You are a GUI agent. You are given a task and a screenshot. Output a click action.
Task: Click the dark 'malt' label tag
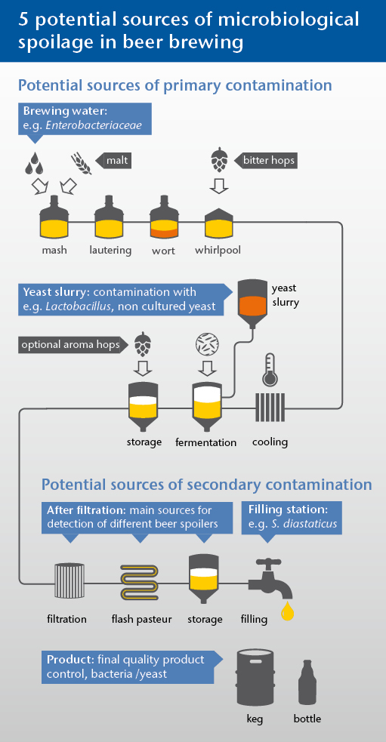pos(113,161)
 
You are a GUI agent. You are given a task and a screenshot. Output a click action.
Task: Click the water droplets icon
pos(34,163)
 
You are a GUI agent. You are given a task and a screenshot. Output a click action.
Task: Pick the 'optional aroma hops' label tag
pos(73,344)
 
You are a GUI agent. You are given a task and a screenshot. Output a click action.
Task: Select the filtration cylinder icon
pos(69,582)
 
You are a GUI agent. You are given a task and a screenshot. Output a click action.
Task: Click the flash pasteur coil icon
pos(141,582)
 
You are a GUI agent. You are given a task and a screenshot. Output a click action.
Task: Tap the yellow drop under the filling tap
pos(287,611)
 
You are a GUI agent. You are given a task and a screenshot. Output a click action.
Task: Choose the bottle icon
pos(307,683)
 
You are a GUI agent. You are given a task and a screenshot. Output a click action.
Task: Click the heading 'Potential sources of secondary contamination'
pos(206,485)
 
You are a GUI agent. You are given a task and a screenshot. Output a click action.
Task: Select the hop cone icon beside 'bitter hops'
pos(219,161)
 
